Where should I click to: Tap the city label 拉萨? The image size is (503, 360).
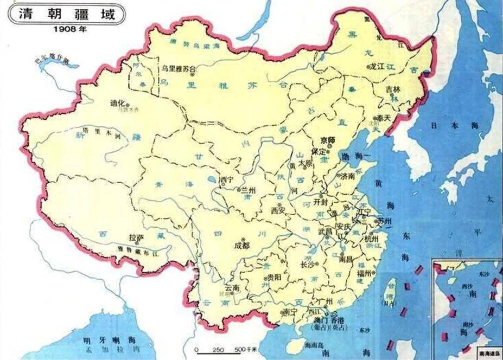click(135, 237)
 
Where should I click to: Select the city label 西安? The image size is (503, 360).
click(277, 209)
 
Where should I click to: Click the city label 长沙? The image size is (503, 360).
click(308, 264)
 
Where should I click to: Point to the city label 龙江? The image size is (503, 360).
click(377, 67)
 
